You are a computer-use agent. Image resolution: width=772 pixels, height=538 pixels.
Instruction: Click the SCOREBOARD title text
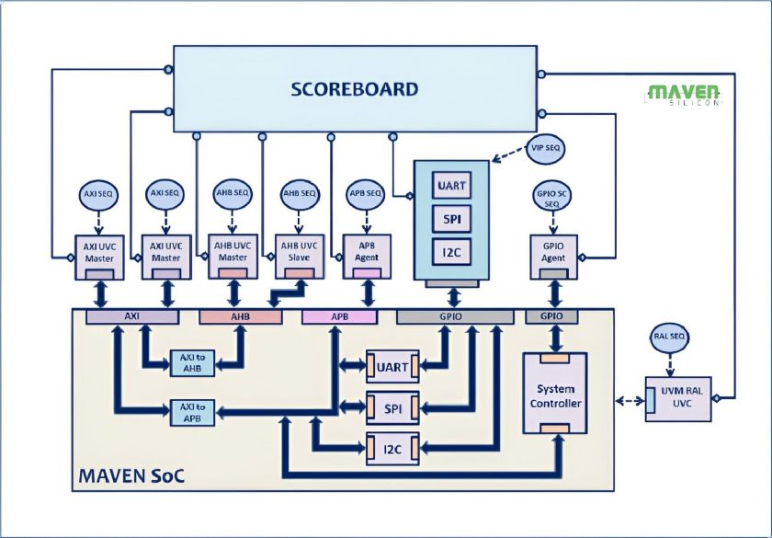click(355, 89)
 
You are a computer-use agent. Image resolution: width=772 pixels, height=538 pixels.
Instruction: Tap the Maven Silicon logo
click(684, 95)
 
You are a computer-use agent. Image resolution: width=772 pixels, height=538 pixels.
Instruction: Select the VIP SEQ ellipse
click(546, 147)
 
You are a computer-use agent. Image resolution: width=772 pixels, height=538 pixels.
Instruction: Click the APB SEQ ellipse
click(366, 194)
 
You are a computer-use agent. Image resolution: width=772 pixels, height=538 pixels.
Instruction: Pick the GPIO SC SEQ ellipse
click(552, 196)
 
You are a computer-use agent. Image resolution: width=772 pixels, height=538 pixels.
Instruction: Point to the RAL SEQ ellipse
click(670, 337)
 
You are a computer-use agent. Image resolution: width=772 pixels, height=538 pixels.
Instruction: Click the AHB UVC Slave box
click(300, 257)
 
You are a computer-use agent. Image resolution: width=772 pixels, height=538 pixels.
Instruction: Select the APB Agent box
click(367, 257)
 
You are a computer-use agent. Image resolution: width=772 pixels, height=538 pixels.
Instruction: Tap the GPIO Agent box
click(553, 257)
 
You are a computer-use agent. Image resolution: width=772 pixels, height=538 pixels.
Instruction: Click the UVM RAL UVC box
click(678, 399)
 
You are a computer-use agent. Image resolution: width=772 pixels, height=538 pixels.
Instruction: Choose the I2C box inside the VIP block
click(451, 252)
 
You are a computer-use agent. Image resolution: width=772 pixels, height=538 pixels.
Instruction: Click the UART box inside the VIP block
click(451, 185)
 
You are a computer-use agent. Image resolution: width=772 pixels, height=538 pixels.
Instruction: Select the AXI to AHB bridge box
click(192, 363)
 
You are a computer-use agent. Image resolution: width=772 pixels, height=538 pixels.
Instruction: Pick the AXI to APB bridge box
click(192, 413)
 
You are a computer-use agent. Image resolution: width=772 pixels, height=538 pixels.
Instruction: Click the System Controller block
click(555, 394)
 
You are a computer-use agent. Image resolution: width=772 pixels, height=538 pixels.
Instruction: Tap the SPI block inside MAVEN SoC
click(392, 408)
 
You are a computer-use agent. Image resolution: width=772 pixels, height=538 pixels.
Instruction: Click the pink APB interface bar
click(340, 316)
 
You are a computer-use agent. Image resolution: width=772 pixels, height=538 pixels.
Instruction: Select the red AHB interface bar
click(241, 316)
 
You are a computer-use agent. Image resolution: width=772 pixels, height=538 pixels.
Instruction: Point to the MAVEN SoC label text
click(131, 476)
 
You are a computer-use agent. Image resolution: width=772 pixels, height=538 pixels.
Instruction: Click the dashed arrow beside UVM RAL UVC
click(630, 401)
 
